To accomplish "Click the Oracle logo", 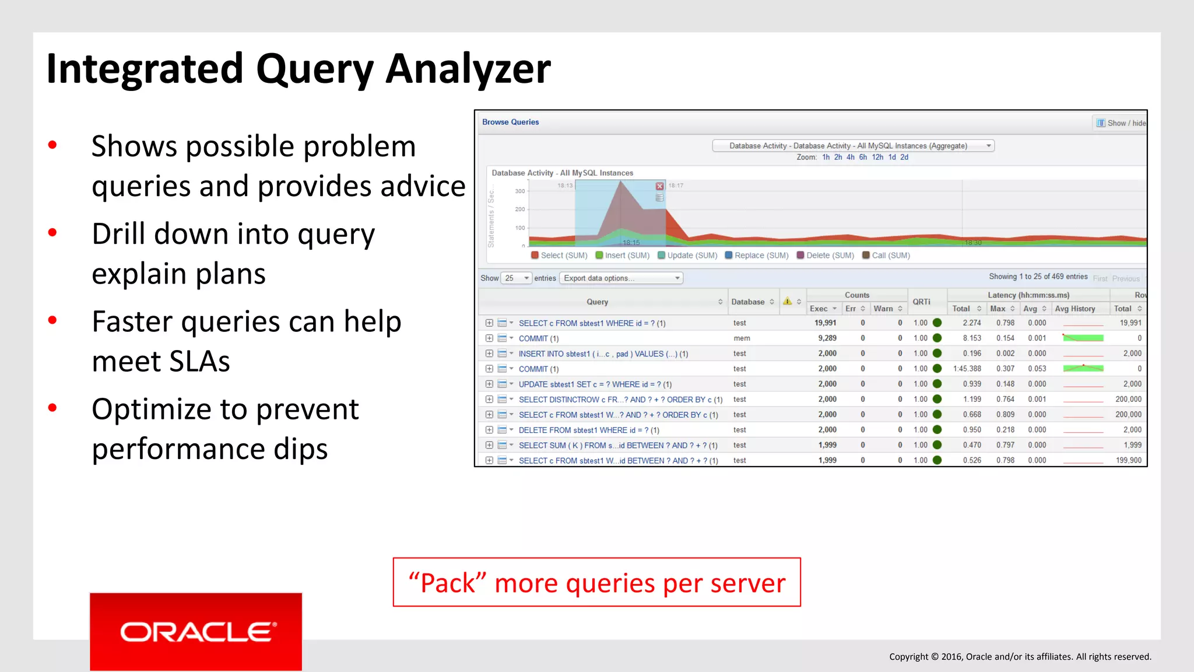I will click(196, 632).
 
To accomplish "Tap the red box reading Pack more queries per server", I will click(596, 582).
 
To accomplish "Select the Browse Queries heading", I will click(510, 122).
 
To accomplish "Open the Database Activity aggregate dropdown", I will click(853, 146).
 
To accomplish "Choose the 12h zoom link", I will click(877, 157).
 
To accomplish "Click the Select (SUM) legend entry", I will click(559, 256).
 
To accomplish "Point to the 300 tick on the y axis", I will click(519, 191).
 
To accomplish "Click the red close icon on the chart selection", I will click(659, 186).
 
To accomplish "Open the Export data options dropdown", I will click(621, 278).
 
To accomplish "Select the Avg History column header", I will click(1074, 309).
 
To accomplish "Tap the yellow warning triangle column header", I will click(788, 302).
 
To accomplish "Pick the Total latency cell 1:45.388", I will click(967, 369).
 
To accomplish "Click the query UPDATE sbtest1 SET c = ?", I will click(595, 384).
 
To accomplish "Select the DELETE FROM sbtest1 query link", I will click(588, 430).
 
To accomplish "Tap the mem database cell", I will click(742, 338).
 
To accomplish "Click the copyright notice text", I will click(1020, 657).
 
